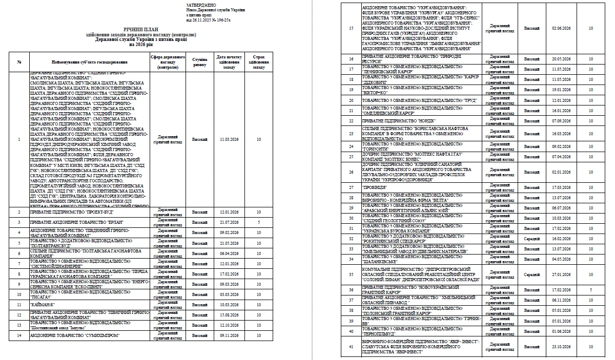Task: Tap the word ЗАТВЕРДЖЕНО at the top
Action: click(x=198, y=5)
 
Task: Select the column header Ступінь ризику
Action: click(x=200, y=62)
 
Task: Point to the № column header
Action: click(x=19, y=62)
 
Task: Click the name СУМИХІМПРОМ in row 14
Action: click(x=77, y=335)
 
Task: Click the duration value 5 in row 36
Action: click(x=591, y=290)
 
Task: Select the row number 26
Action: click(x=351, y=172)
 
